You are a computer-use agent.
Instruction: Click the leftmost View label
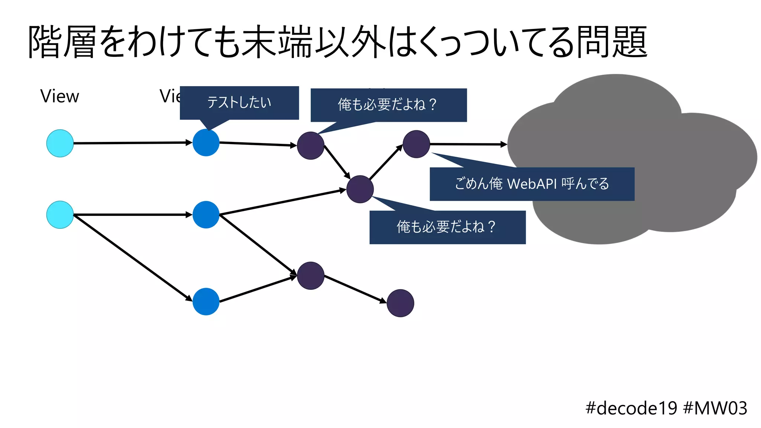tap(59, 96)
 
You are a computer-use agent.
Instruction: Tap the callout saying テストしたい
tap(239, 103)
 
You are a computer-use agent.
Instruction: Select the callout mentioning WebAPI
tap(532, 184)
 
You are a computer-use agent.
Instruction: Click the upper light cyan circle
tap(60, 143)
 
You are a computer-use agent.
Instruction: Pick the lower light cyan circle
tap(60, 215)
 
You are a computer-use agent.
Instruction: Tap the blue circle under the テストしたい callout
tap(206, 143)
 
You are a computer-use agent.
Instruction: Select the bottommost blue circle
tap(206, 301)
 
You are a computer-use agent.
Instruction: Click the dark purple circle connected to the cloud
tap(416, 144)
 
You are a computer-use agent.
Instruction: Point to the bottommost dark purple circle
tap(400, 303)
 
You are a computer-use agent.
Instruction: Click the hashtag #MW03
tap(715, 408)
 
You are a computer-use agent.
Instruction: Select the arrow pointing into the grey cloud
tap(468, 144)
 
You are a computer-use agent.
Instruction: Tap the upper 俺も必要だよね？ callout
tap(388, 105)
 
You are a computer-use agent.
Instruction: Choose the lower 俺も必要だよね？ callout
tap(447, 227)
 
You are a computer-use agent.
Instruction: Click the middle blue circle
tap(206, 215)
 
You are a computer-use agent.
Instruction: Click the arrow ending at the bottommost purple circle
tap(355, 289)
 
